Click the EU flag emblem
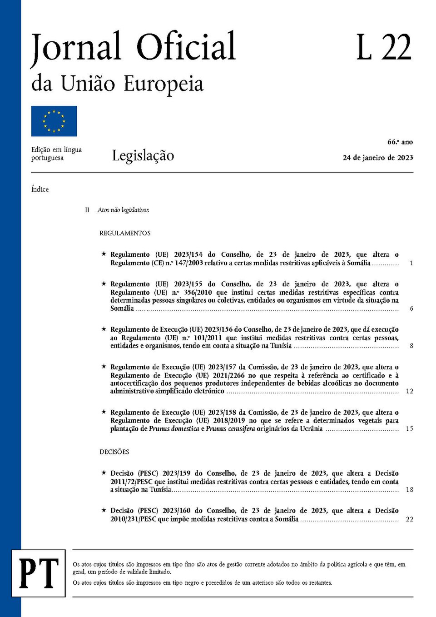point(54,121)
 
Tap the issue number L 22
point(383,47)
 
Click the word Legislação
point(143,156)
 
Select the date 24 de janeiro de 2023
point(377,158)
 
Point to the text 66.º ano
point(400,142)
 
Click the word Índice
point(40,189)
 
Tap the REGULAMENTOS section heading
point(125,233)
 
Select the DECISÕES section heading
point(114,452)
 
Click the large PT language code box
point(39,573)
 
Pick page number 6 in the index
point(411,308)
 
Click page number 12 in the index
point(409,391)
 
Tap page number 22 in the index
point(409,519)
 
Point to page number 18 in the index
point(409,490)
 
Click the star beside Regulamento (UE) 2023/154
point(104,254)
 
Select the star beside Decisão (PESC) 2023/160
point(104,510)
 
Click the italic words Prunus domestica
point(174,428)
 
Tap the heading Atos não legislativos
point(123,210)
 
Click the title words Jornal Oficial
point(133,47)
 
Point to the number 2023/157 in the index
point(222,367)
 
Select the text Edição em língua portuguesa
point(56,154)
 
